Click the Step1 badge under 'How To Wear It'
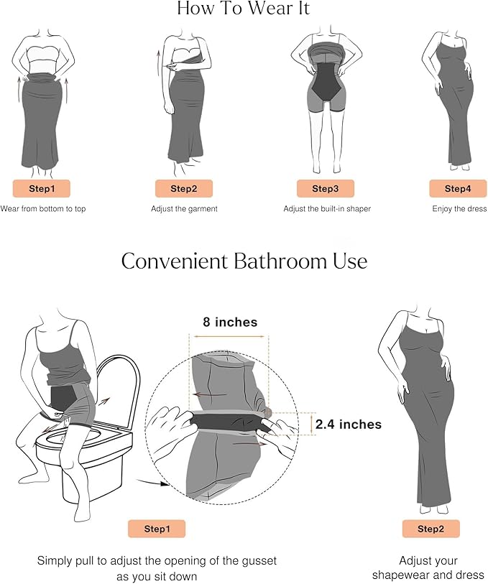point(42,188)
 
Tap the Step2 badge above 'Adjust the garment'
point(184,188)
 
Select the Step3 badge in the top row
point(325,188)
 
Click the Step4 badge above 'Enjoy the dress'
point(458,188)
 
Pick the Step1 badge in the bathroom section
point(157,529)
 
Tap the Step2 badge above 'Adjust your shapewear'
point(431,529)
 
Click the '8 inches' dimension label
point(230,322)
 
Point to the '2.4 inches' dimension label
point(349,425)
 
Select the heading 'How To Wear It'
point(243,8)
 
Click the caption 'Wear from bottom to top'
point(43,208)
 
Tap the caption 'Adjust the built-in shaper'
point(327,208)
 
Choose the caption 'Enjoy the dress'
point(459,208)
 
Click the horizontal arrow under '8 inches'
point(229,336)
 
